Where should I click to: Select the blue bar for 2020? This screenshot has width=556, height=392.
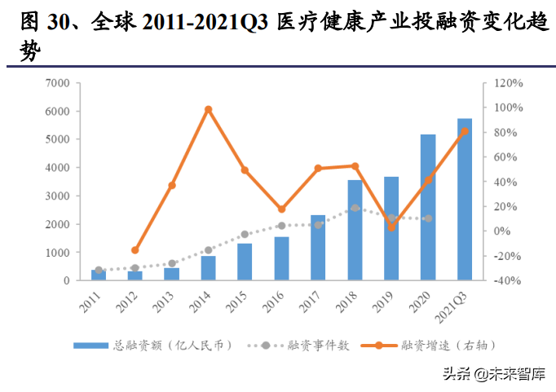[428, 208]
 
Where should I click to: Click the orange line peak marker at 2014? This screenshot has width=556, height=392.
[208, 109]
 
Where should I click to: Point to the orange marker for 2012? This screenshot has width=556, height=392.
[135, 250]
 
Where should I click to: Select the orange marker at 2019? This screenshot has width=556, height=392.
[391, 227]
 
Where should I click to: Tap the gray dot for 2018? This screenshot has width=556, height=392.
[355, 208]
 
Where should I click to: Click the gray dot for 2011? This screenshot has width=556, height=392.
[99, 270]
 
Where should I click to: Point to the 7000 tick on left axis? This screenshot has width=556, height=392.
[57, 82]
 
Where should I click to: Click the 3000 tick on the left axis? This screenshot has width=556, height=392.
[57, 196]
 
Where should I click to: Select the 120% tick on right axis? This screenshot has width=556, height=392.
[507, 82]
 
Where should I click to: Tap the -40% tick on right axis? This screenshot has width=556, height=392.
[507, 281]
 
